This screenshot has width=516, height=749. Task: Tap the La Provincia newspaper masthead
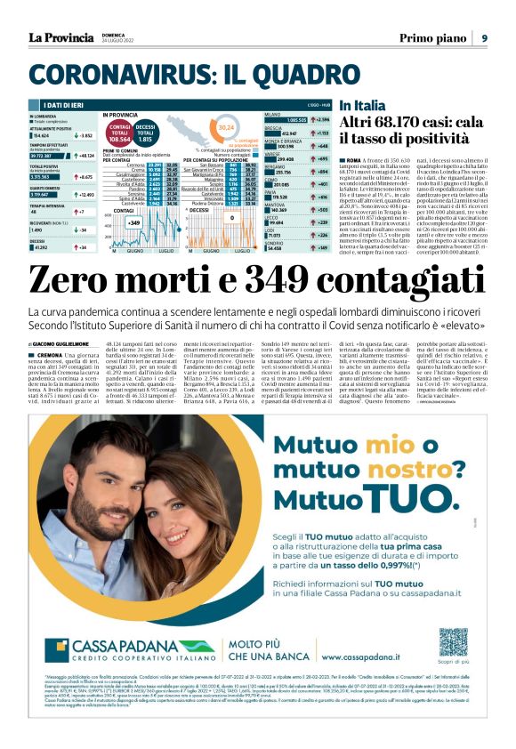[60, 36]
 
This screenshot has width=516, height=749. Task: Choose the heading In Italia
[362, 105]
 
